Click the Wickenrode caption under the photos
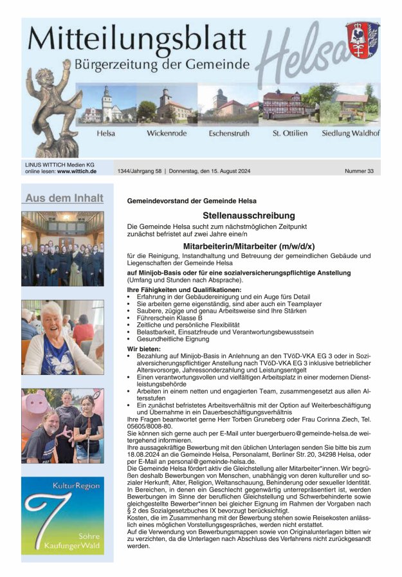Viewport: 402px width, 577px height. pyautogui.click(x=165, y=133)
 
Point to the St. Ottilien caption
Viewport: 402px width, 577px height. pyautogui.click(x=286, y=133)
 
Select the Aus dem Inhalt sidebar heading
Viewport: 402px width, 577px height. pyautogui.click(x=64, y=198)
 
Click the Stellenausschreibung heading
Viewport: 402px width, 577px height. pyautogui.click(x=248, y=215)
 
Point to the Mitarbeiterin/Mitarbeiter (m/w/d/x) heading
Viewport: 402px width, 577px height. pyautogui.click(x=249, y=246)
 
